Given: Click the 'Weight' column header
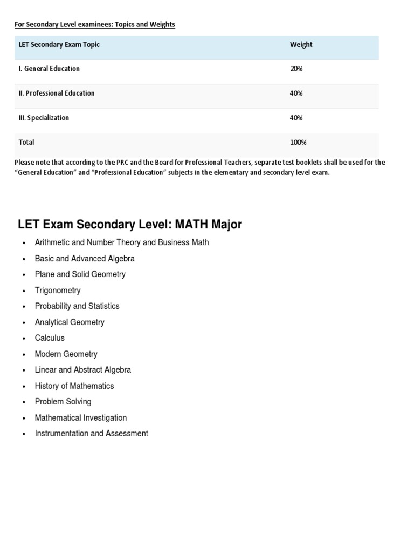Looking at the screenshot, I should tap(301, 45).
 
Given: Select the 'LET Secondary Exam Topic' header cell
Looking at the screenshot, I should tap(59, 45).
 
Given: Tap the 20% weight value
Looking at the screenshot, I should tap(296, 69).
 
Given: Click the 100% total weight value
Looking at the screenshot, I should tap(298, 143).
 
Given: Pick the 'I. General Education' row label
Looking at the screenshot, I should tap(49, 69).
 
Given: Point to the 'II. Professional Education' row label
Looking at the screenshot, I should tap(57, 93).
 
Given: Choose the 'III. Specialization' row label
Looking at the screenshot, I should tap(44, 118).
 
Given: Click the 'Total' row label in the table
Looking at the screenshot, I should tap(26, 143).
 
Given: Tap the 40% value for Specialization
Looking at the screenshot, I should tap(296, 118).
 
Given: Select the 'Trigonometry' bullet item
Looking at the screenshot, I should tap(58, 291).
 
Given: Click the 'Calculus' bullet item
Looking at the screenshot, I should tap(50, 338).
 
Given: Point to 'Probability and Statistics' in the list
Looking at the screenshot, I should tap(77, 306).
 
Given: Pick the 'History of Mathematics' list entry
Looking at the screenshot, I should tap(74, 386).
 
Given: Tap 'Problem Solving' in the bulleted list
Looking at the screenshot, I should tap(63, 402).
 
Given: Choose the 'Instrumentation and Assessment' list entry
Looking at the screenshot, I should tap(91, 434).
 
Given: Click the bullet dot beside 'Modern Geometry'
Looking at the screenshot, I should tap(24, 355).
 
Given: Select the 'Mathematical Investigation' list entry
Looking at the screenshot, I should tap(81, 418).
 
